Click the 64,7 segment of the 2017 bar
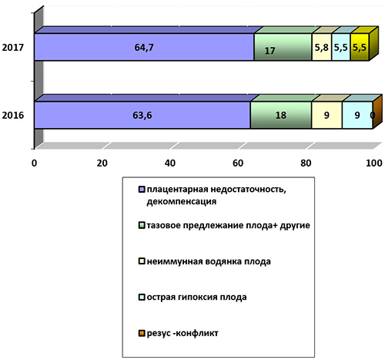144,47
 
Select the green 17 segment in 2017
283,47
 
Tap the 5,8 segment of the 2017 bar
322,47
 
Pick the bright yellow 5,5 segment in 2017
360,47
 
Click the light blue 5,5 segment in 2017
341,47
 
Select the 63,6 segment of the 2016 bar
142,115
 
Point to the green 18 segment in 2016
281,115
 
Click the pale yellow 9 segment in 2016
326,115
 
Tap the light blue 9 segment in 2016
357,115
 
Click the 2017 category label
13,48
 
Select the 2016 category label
13,116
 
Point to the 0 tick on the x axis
34,163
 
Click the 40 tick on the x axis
170,163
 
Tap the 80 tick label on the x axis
306,163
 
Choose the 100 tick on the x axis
374,163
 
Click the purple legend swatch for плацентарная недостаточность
142,190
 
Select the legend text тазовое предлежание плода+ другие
228,226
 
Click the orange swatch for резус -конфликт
142,333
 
